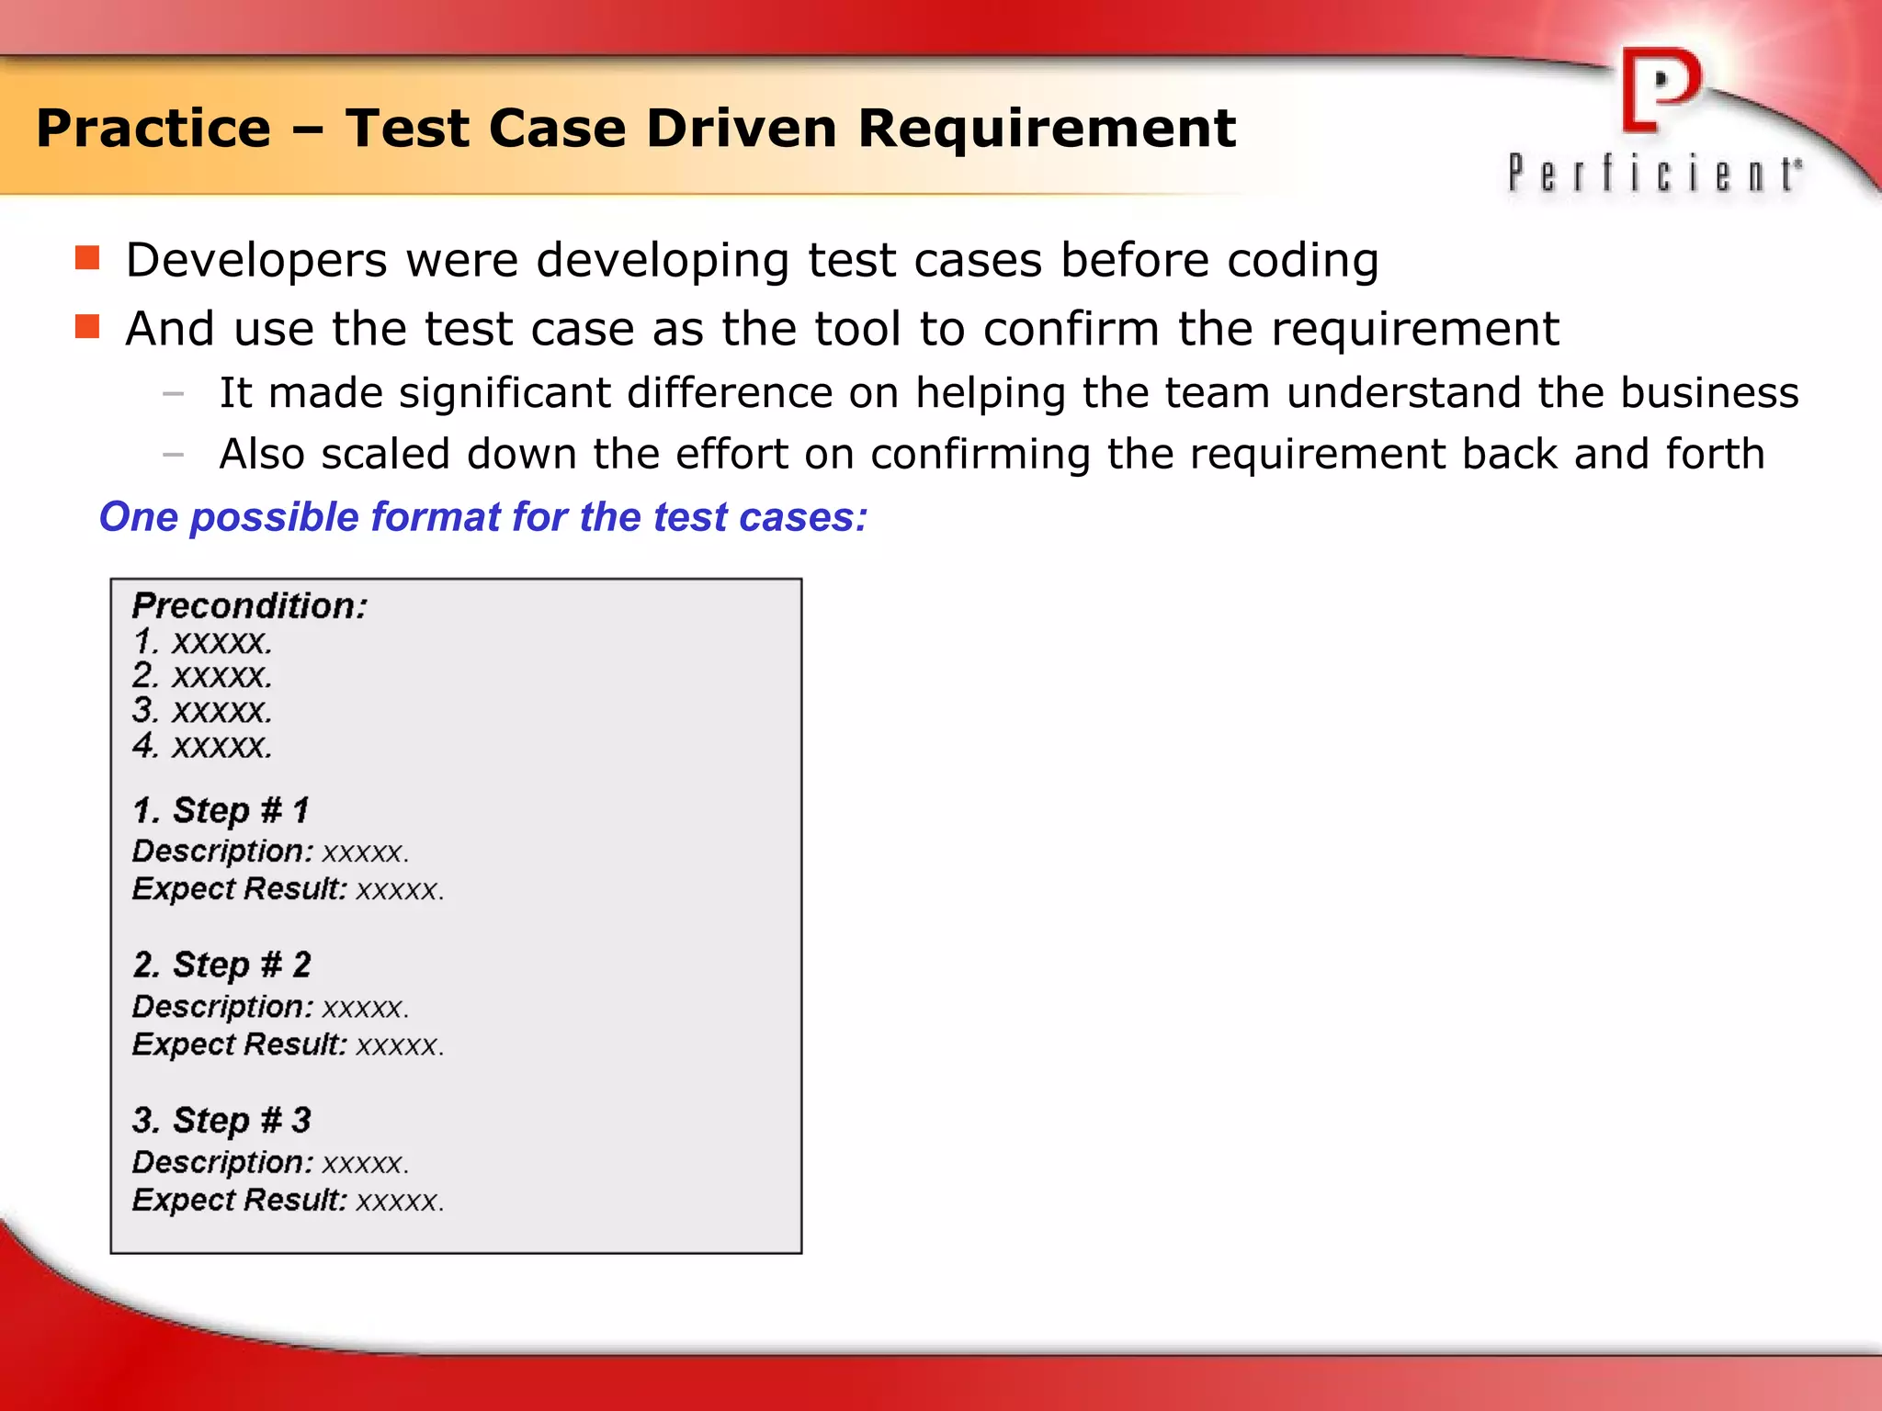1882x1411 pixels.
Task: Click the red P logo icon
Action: click(x=1660, y=90)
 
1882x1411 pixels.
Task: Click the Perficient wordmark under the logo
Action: click(x=1654, y=174)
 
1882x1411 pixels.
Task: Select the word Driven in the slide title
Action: click(x=742, y=128)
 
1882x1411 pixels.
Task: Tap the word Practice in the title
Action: click(x=153, y=128)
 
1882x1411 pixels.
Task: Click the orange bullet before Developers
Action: click(x=87, y=258)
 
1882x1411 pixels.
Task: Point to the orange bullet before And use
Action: click(x=87, y=327)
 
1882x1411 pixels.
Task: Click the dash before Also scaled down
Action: click(x=173, y=454)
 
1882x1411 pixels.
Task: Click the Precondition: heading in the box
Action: click(x=249, y=606)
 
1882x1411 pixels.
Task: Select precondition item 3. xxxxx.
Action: click(x=202, y=710)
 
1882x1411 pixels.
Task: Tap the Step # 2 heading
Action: click(x=221, y=965)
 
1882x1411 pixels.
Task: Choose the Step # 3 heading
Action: click(x=221, y=1120)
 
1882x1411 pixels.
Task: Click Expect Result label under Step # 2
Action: click(x=239, y=1044)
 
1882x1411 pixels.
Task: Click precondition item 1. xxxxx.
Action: click(x=202, y=641)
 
